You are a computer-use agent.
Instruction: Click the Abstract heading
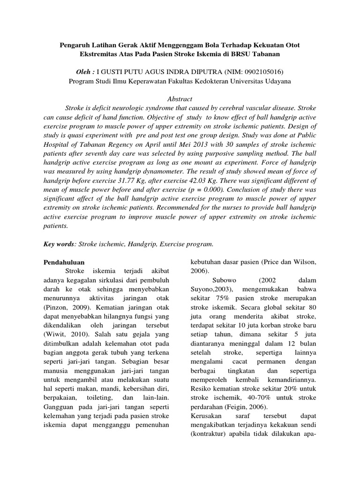click(180, 99)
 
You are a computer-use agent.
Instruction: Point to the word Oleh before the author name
click(84, 72)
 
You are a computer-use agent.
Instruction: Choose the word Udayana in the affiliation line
click(274, 81)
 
